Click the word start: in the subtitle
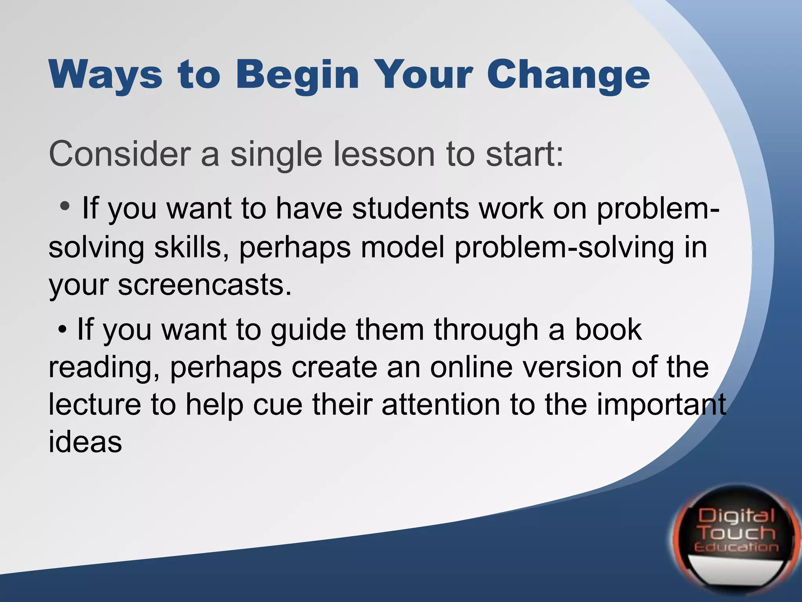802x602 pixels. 525,154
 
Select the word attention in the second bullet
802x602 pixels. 441,404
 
